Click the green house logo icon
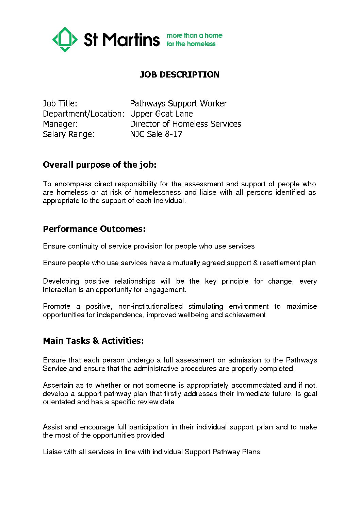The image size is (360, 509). pyautogui.click(x=65, y=39)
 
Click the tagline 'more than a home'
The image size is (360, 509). pyautogui.click(x=194, y=35)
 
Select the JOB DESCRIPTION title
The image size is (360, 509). pyautogui.click(x=180, y=74)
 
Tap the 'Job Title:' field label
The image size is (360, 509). pyautogui.click(x=60, y=103)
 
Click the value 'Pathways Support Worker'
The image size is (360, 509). pyautogui.click(x=178, y=103)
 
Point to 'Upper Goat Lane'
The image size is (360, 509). pyautogui.click(x=161, y=114)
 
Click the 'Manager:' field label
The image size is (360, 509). pyautogui.click(x=60, y=124)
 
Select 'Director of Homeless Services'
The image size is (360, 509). pyautogui.click(x=185, y=124)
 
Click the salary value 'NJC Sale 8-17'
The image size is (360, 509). pyautogui.click(x=156, y=134)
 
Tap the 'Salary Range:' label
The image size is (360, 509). pyautogui.click(x=68, y=134)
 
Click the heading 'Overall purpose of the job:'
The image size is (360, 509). pyautogui.click(x=100, y=165)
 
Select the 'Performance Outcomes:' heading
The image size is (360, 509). pyautogui.click(x=94, y=229)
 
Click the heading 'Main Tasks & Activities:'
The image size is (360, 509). pyautogui.click(x=93, y=341)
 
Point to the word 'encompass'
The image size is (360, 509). pyautogui.click(x=73, y=184)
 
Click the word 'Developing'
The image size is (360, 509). pyautogui.click(x=61, y=281)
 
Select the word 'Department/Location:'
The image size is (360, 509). pyautogui.click(x=84, y=114)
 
